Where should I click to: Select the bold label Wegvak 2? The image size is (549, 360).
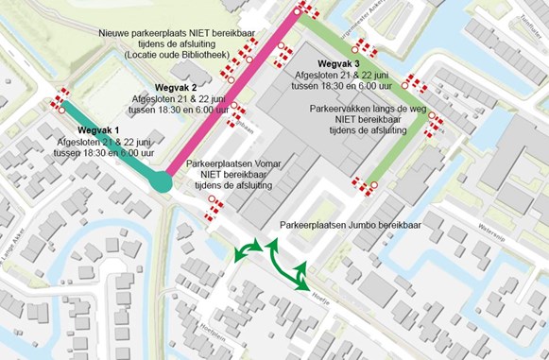coord(175,88)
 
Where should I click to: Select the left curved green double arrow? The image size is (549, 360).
coord(249,250)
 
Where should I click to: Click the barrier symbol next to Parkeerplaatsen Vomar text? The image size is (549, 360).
coord(215,203)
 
